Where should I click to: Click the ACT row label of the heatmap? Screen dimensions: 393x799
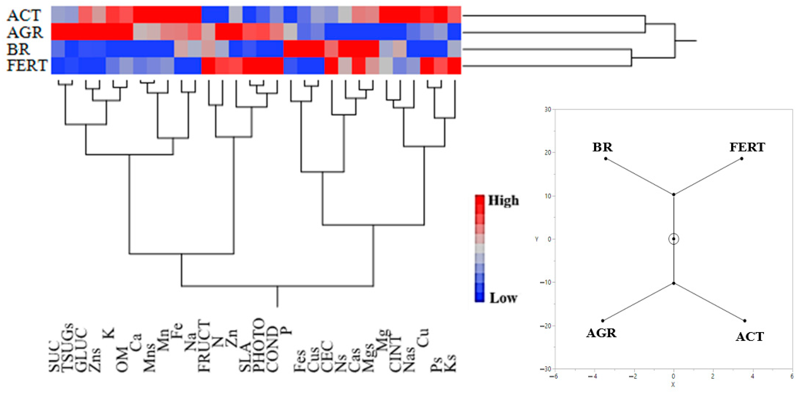(x=24, y=15)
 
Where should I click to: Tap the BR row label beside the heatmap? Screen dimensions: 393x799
(x=19, y=49)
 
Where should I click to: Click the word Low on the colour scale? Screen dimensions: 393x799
(x=503, y=298)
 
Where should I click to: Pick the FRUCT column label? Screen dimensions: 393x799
(x=204, y=347)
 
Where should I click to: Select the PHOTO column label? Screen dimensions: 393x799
(x=258, y=345)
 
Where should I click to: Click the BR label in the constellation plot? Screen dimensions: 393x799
(x=602, y=147)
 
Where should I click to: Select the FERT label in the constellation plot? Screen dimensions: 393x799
(x=747, y=147)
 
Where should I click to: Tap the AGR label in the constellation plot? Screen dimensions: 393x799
(x=601, y=333)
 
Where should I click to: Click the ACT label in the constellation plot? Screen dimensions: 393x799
(x=749, y=337)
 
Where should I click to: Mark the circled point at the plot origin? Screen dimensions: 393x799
(x=673, y=239)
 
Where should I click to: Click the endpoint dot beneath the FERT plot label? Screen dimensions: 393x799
(x=742, y=158)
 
